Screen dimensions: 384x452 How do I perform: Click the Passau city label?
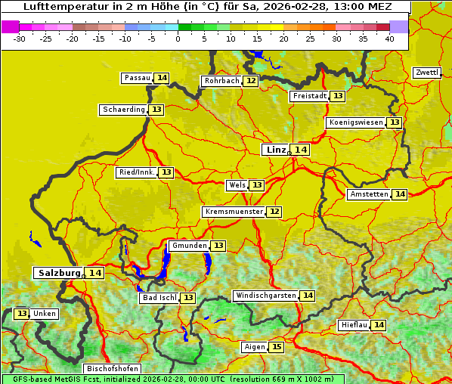point(138,78)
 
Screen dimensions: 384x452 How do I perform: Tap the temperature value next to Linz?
point(301,150)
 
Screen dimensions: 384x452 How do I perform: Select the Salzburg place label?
point(59,273)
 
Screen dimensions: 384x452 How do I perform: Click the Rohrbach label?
point(221,81)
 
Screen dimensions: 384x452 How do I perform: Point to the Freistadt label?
point(309,96)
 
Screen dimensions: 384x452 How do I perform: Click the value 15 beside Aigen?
point(277,347)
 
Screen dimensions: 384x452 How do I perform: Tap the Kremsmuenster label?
point(234,212)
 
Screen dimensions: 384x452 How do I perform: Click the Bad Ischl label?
point(159,298)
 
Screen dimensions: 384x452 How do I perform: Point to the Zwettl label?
point(427,73)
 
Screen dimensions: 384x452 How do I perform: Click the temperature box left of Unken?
point(21,314)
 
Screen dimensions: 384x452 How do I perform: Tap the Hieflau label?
point(354,325)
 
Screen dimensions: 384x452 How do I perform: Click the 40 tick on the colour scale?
point(389,39)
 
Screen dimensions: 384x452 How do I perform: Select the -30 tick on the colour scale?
point(20,39)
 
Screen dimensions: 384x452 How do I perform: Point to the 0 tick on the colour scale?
point(178,39)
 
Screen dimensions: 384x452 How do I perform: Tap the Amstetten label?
point(369,194)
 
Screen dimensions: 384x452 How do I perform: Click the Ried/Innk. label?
point(137,172)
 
